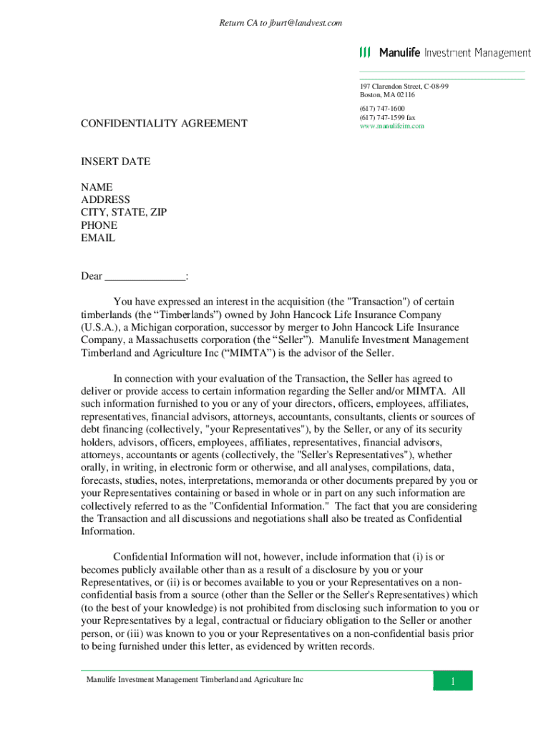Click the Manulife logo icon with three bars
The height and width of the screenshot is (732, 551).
pyautogui.click(x=365, y=53)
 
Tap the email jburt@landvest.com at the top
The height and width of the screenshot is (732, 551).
pyautogui.click(x=306, y=23)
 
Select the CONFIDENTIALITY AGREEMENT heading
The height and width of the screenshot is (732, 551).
pyautogui.click(x=164, y=124)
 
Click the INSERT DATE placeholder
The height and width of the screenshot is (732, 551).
pyautogui.click(x=115, y=162)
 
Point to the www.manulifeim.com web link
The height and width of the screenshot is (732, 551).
pyautogui.click(x=392, y=126)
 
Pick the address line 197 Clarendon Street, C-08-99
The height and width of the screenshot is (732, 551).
pyautogui.click(x=404, y=86)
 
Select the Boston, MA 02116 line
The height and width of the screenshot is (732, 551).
pyautogui.click(x=387, y=94)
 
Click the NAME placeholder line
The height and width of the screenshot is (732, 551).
pyautogui.click(x=97, y=187)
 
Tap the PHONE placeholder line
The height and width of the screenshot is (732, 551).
pyautogui.click(x=99, y=225)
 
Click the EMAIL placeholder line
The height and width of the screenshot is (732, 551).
pyautogui.click(x=98, y=238)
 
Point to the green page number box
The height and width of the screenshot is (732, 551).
pyautogui.click(x=452, y=681)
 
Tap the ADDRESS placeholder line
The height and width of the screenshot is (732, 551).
pyautogui.click(x=105, y=200)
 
